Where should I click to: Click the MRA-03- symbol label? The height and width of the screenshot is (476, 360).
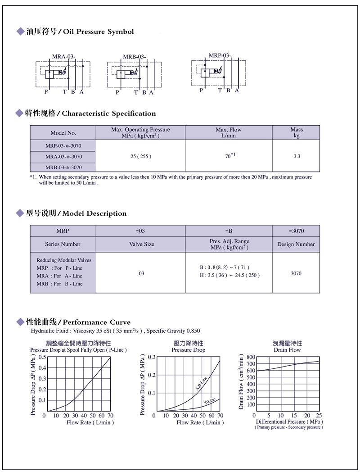point(63,56)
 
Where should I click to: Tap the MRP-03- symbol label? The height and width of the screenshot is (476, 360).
point(220,55)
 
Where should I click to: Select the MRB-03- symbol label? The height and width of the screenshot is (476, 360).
point(134,57)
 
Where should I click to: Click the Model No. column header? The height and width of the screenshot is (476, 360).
point(63,133)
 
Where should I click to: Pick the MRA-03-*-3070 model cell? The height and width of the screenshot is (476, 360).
point(63,156)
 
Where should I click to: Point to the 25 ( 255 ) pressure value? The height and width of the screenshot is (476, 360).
point(140,156)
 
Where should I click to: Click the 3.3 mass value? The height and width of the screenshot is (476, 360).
point(297,156)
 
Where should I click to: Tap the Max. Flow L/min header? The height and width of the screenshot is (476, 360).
point(229,132)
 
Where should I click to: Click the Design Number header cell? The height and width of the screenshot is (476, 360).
point(296,244)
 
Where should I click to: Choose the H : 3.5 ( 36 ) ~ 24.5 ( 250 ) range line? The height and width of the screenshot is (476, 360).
point(229,275)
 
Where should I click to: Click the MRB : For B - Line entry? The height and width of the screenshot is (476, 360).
point(59,284)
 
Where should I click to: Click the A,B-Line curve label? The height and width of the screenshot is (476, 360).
point(201,382)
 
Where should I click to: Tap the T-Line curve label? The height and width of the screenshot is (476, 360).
point(210,401)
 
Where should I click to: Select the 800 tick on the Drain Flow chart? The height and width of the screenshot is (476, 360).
point(251,357)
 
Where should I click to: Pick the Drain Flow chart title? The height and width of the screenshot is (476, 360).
point(287,349)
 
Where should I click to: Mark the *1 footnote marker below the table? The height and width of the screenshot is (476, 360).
point(33,177)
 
